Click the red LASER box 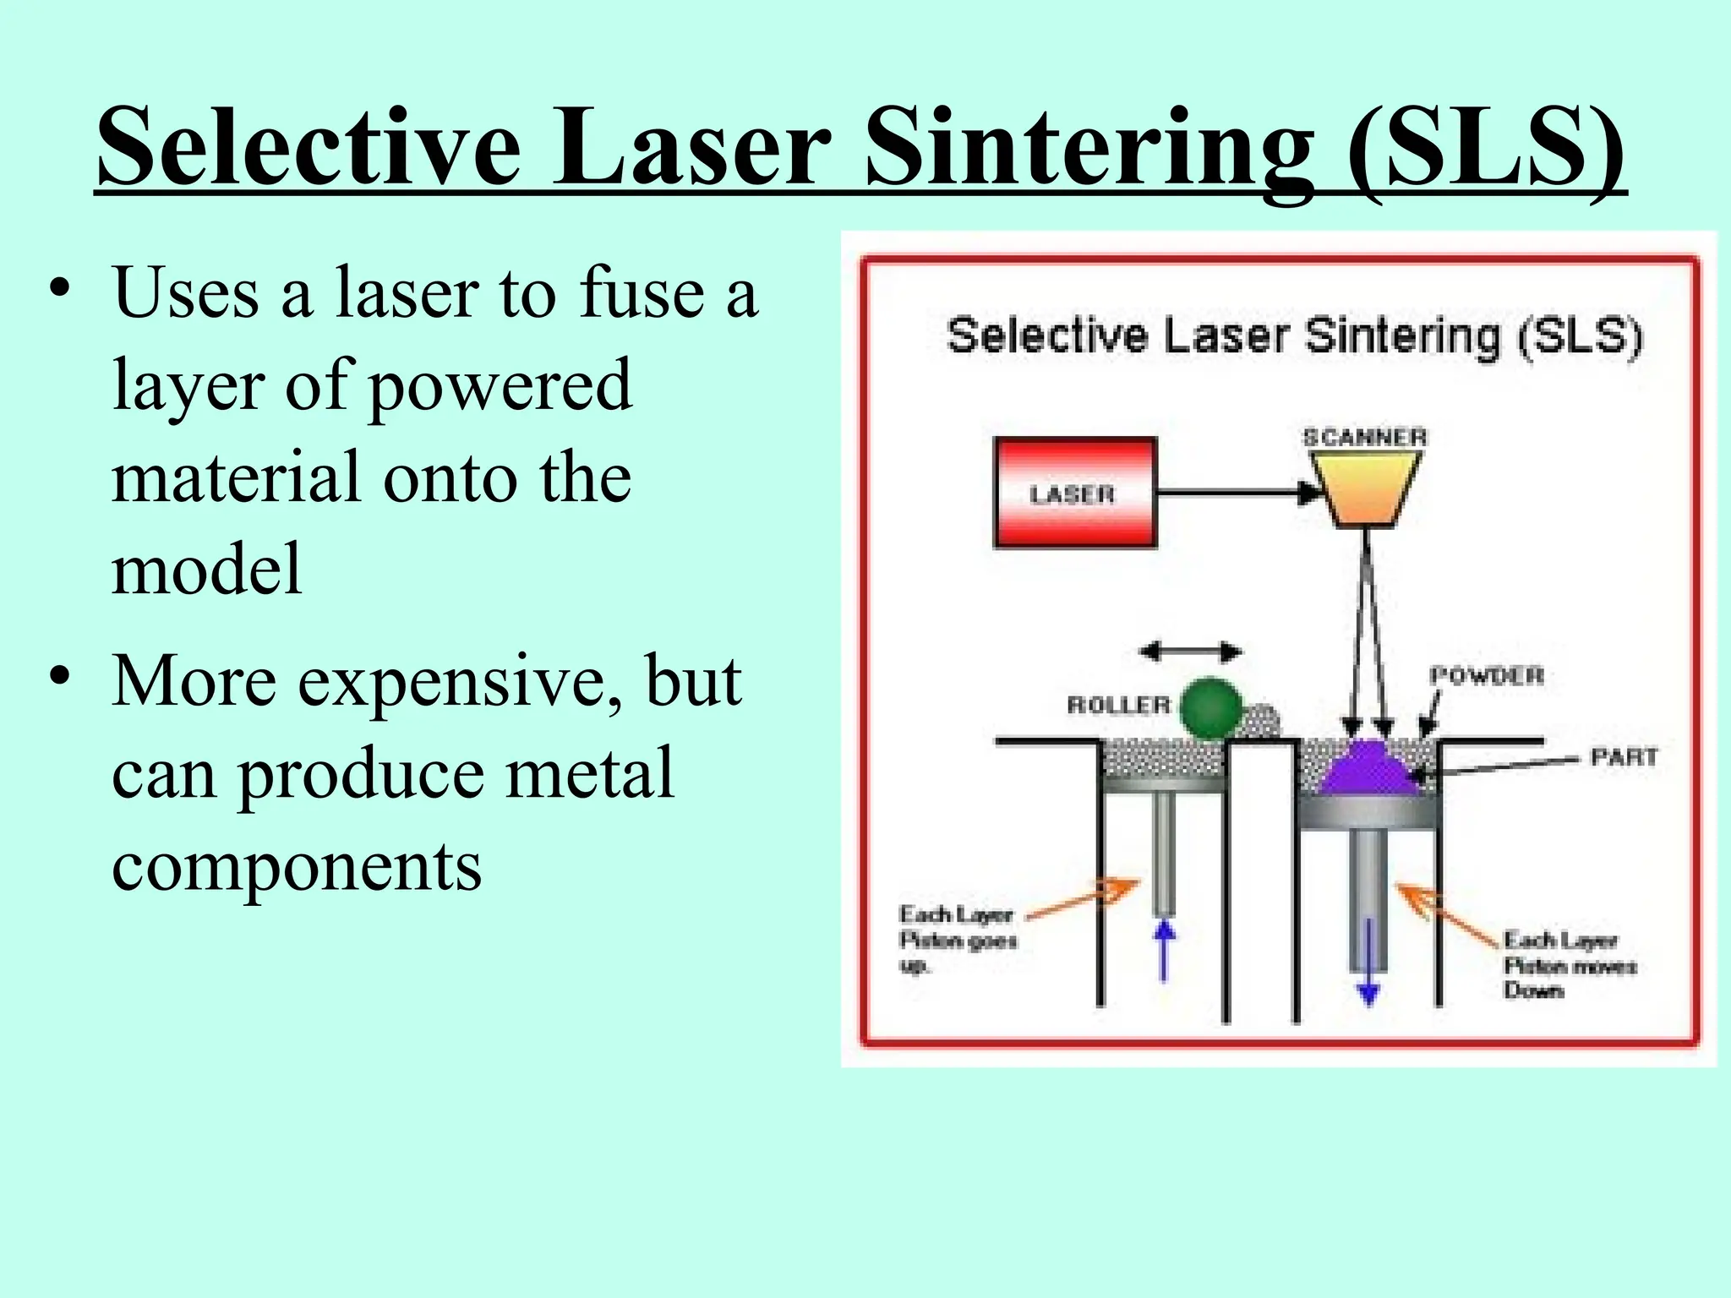[x=1074, y=493]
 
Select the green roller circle [x=1210, y=708]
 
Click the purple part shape [x=1368, y=769]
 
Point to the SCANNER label [x=1364, y=437]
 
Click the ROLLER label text [x=1118, y=705]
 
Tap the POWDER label [x=1486, y=675]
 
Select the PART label [x=1624, y=756]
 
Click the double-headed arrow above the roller [x=1190, y=652]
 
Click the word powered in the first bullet [x=500, y=386]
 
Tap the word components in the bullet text [x=297, y=866]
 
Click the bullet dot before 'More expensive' [x=59, y=676]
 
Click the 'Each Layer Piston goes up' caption [x=957, y=939]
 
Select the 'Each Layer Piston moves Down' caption [x=1569, y=964]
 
